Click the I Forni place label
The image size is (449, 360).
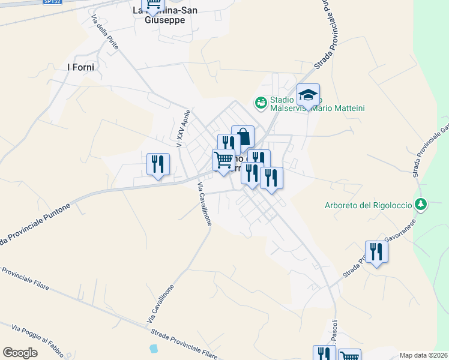[x=81, y=67]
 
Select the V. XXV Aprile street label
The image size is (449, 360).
[x=184, y=128]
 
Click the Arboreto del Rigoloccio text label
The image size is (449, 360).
[x=368, y=205]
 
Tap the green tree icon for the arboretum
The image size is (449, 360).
[x=421, y=205]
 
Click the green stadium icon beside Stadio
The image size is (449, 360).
[x=261, y=103]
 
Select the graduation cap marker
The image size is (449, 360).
[x=308, y=95]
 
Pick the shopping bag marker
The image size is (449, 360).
[x=243, y=137]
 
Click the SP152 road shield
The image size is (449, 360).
[x=53, y=2]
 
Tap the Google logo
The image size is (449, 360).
[x=20, y=352]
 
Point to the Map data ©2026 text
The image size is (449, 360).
[x=424, y=355]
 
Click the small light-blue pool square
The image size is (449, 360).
[x=154, y=348]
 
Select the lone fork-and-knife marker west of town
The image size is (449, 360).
[x=158, y=164]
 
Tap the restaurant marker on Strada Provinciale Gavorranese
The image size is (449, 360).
[x=376, y=252]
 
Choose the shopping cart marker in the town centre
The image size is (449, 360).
[x=223, y=160]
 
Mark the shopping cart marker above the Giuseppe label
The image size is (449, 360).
[x=153, y=5]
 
